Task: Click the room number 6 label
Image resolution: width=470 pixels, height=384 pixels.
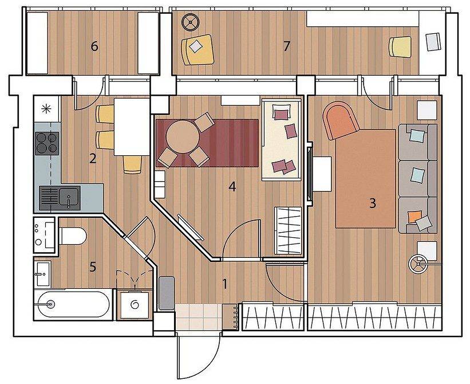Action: click(x=94, y=46)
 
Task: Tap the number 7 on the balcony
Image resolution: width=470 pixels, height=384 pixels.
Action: click(x=287, y=46)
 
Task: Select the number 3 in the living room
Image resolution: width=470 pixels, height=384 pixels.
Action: click(x=372, y=203)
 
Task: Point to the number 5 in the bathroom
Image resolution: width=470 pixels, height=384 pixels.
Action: click(x=93, y=267)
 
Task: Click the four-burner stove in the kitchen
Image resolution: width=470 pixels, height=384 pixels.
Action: click(x=47, y=143)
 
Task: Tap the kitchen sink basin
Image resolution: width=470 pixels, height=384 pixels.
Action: click(x=69, y=198)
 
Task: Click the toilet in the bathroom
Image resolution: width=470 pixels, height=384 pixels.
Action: click(x=73, y=236)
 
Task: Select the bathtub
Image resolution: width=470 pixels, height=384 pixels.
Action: click(x=72, y=304)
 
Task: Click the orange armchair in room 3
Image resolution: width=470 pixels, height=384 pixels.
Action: click(x=340, y=120)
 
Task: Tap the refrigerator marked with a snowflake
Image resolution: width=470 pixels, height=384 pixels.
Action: click(x=47, y=108)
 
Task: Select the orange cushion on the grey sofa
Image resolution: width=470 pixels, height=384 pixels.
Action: click(x=414, y=216)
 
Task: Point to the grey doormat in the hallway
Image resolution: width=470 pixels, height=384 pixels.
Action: click(x=167, y=293)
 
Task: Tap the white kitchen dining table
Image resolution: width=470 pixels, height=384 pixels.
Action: click(x=132, y=127)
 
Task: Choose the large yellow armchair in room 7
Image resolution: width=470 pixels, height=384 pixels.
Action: click(x=198, y=49)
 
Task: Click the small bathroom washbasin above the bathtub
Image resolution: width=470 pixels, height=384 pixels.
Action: click(x=42, y=273)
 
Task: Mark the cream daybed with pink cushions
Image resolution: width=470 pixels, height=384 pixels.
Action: click(x=281, y=139)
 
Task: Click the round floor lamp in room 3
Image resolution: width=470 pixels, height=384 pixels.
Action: click(x=418, y=264)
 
